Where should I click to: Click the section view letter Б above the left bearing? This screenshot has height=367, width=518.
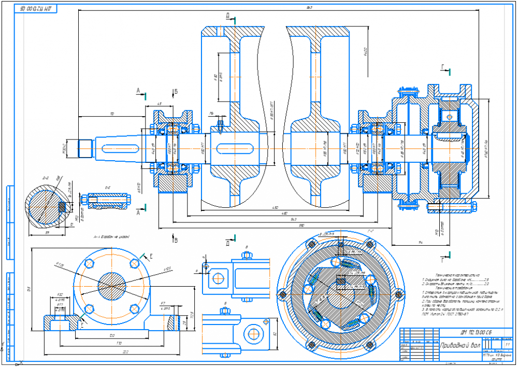pos(176,92)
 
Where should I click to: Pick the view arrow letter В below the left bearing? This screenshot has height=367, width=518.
pos(176,240)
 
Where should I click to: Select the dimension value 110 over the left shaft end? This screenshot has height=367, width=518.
pos(111,113)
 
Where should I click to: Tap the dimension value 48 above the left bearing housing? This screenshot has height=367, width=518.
pos(159,104)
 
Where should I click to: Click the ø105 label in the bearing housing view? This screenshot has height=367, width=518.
pos(167,269)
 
